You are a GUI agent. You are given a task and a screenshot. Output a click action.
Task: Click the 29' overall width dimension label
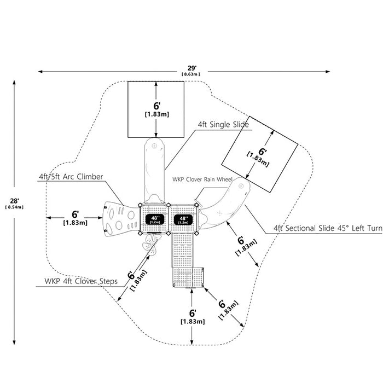192,68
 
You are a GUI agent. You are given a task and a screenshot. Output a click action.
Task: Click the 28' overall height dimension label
14,201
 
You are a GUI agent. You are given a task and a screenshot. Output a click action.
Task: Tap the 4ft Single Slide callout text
223,125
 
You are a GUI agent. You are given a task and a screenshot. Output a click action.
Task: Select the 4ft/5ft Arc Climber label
71,177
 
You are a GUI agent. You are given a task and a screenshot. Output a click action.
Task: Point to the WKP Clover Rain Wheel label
202,179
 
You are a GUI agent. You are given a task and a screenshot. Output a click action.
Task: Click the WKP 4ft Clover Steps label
81,281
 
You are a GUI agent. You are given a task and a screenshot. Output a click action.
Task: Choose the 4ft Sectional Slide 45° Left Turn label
328,228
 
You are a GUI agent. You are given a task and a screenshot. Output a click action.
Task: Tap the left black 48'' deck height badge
155,219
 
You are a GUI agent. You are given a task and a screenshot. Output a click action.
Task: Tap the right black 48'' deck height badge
183,220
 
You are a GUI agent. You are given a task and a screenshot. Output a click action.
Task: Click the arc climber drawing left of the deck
121,219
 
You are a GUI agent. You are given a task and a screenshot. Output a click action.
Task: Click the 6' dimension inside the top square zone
157,109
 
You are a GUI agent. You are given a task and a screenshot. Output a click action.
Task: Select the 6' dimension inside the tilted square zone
259,156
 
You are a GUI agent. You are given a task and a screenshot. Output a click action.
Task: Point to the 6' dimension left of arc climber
76,218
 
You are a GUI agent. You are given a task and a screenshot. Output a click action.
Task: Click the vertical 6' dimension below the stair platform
193,317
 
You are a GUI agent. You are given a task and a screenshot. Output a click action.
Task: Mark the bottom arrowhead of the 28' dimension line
14,342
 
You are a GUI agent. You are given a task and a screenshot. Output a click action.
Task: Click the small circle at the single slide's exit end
154,146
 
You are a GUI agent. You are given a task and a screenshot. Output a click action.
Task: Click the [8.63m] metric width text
191,74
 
